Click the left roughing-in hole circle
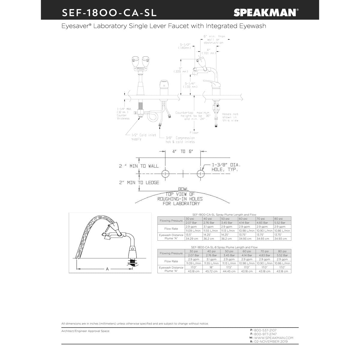click(x=165, y=174)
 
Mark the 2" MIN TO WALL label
click(x=139, y=166)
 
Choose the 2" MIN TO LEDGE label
click(x=139, y=182)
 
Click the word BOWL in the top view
click(x=183, y=189)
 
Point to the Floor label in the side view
click(x=194, y=133)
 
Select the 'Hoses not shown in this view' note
click(x=230, y=117)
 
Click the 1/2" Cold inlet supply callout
click(x=143, y=137)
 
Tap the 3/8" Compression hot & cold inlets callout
click(x=180, y=140)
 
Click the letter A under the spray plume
click(x=107, y=269)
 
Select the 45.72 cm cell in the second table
click(x=211, y=271)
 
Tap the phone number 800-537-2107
click(x=265, y=330)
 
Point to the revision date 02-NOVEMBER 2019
click(x=271, y=342)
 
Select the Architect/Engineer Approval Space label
click(x=85, y=331)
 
